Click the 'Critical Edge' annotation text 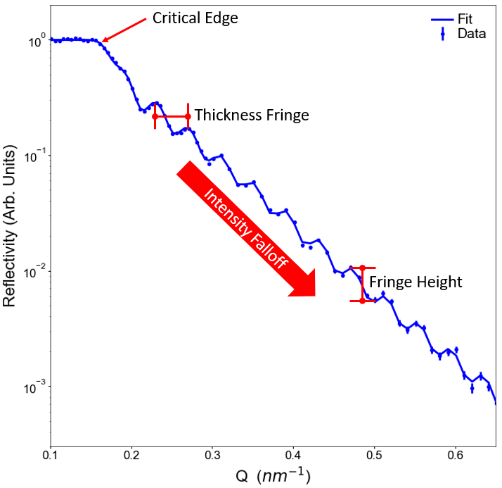coord(195,18)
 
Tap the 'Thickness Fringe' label coord(252,115)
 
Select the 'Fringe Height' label coord(416,282)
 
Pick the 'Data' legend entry coord(471,33)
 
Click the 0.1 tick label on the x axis coord(51,456)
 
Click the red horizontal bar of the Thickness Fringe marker coord(172,116)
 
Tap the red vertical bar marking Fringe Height coord(362,284)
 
